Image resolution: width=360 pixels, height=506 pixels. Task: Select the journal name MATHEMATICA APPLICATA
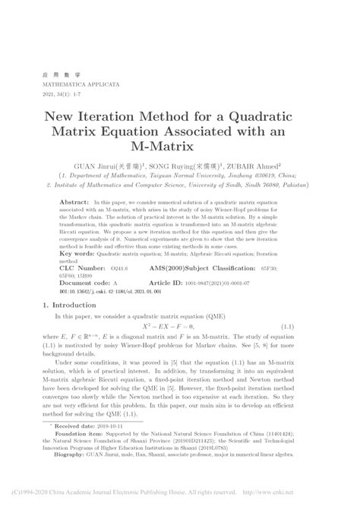73,84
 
